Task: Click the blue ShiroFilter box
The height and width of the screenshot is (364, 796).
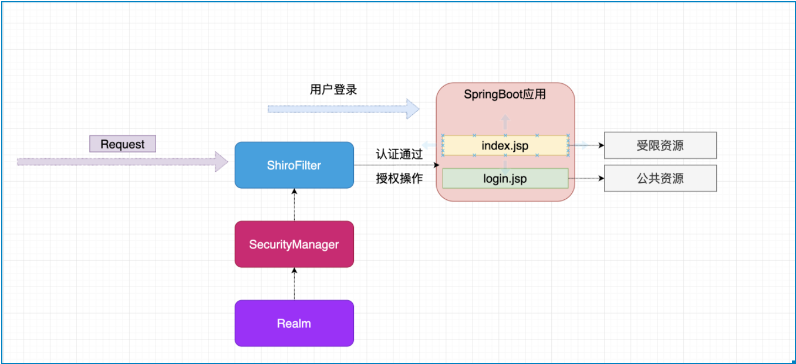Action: tap(294, 165)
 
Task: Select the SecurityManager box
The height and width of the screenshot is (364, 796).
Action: tap(294, 244)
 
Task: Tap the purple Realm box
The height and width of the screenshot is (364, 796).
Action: tap(294, 323)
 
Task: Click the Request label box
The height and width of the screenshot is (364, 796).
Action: tap(122, 144)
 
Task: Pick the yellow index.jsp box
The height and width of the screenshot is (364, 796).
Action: tap(505, 145)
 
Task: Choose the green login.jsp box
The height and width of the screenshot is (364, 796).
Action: tap(505, 178)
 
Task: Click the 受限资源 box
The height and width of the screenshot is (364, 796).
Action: tap(660, 145)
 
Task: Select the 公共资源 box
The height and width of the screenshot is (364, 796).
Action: tap(660, 178)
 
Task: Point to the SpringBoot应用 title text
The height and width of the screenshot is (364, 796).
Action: tap(505, 94)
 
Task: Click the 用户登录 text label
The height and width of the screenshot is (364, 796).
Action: tap(333, 90)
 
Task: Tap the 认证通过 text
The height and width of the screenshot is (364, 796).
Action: tap(399, 155)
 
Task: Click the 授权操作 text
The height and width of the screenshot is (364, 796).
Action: tap(399, 179)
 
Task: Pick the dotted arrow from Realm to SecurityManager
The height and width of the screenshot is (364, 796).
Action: tap(294, 284)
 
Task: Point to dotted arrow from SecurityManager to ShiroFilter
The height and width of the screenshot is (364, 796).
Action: tap(294, 205)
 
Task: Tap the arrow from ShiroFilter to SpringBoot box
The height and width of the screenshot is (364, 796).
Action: tap(396, 165)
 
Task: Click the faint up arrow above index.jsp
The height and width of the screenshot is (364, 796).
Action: tap(505, 122)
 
